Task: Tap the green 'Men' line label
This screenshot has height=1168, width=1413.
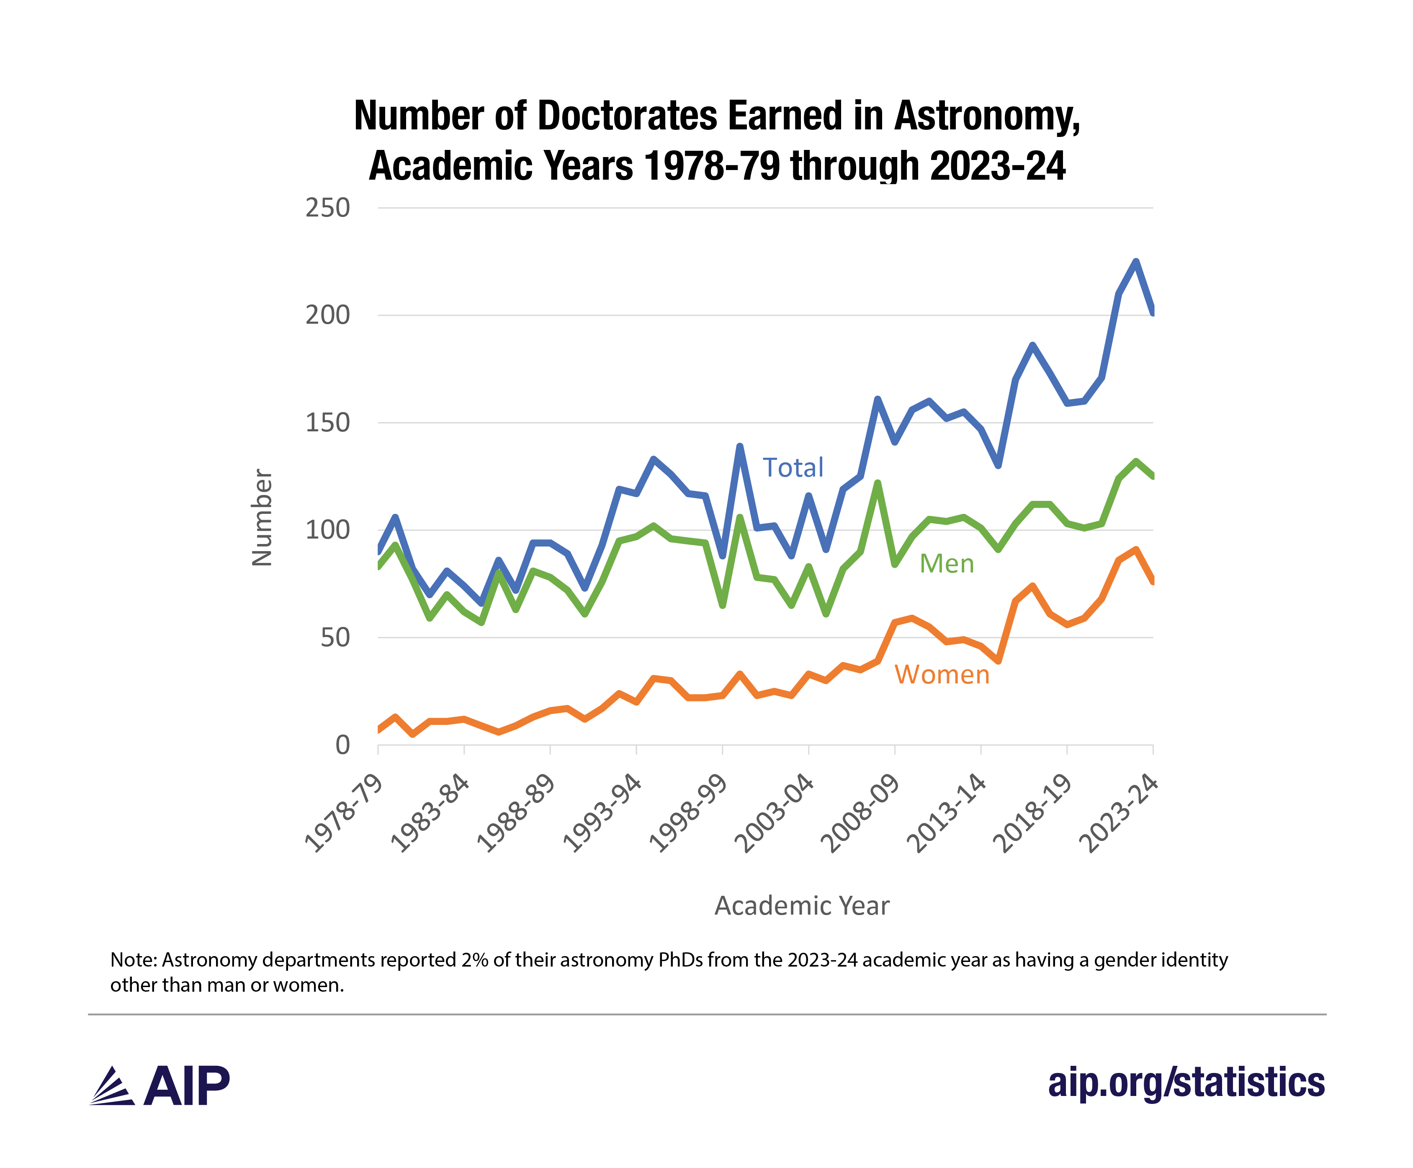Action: pyautogui.click(x=946, y=564)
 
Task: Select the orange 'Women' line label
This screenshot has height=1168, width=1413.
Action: pyautogui.click(x=942, y=674)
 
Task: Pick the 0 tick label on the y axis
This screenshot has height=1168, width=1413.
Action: pyautogui.click(x=342, y=745)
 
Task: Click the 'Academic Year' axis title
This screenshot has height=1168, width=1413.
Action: pyautogui.click(x=802, y=905)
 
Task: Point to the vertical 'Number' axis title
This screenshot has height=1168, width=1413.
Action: pyautogui.click(x=262, y=517)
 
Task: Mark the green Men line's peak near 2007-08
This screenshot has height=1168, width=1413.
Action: pyautogui.click(x=878, y=483)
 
